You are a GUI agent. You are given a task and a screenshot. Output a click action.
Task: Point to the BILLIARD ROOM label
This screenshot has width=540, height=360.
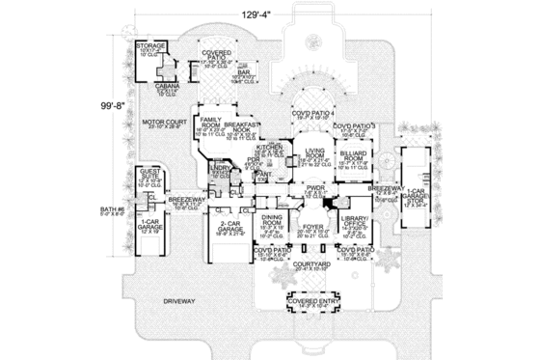354,152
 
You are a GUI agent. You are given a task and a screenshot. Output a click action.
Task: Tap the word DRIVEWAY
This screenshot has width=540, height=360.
178,301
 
